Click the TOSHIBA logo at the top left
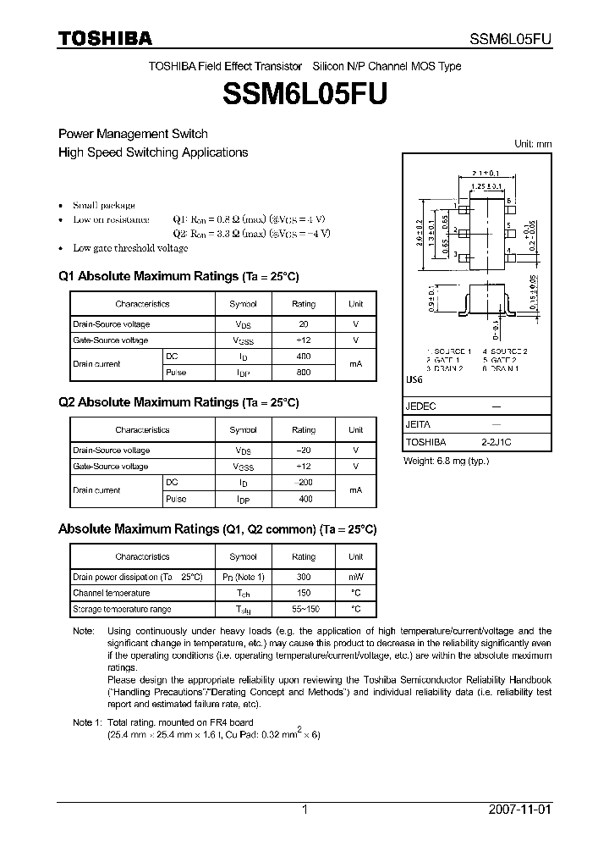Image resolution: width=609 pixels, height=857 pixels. pos(105,38)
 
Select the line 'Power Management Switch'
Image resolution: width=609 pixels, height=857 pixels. pos(133,134)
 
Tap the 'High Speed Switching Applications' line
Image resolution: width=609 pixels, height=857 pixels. pos(153,152)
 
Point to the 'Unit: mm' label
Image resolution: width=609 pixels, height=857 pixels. pos(533,144)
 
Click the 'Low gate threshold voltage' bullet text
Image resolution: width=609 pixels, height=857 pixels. pos(130,248)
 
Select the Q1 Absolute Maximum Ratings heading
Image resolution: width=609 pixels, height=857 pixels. pos(178,277)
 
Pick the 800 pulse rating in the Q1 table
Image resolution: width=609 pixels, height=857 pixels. pos(304,373)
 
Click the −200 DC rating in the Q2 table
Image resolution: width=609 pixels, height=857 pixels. pos(304,482)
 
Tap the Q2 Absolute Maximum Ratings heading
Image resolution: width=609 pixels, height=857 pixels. pos(178,403)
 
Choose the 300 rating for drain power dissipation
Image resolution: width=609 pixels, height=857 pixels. pos(304,577)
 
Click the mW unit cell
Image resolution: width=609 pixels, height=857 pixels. pos(355,577)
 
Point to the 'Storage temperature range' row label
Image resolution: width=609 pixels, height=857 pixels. pos(122,609)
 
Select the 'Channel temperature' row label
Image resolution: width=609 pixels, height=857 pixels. pos(111,593)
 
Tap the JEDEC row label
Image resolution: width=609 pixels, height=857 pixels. pos(420,406)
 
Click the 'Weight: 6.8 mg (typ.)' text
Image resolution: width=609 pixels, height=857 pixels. pos(446,461)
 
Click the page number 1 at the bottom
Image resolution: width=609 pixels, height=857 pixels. pos(304,810)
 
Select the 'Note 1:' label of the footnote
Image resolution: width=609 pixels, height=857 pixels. pos(87,722)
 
